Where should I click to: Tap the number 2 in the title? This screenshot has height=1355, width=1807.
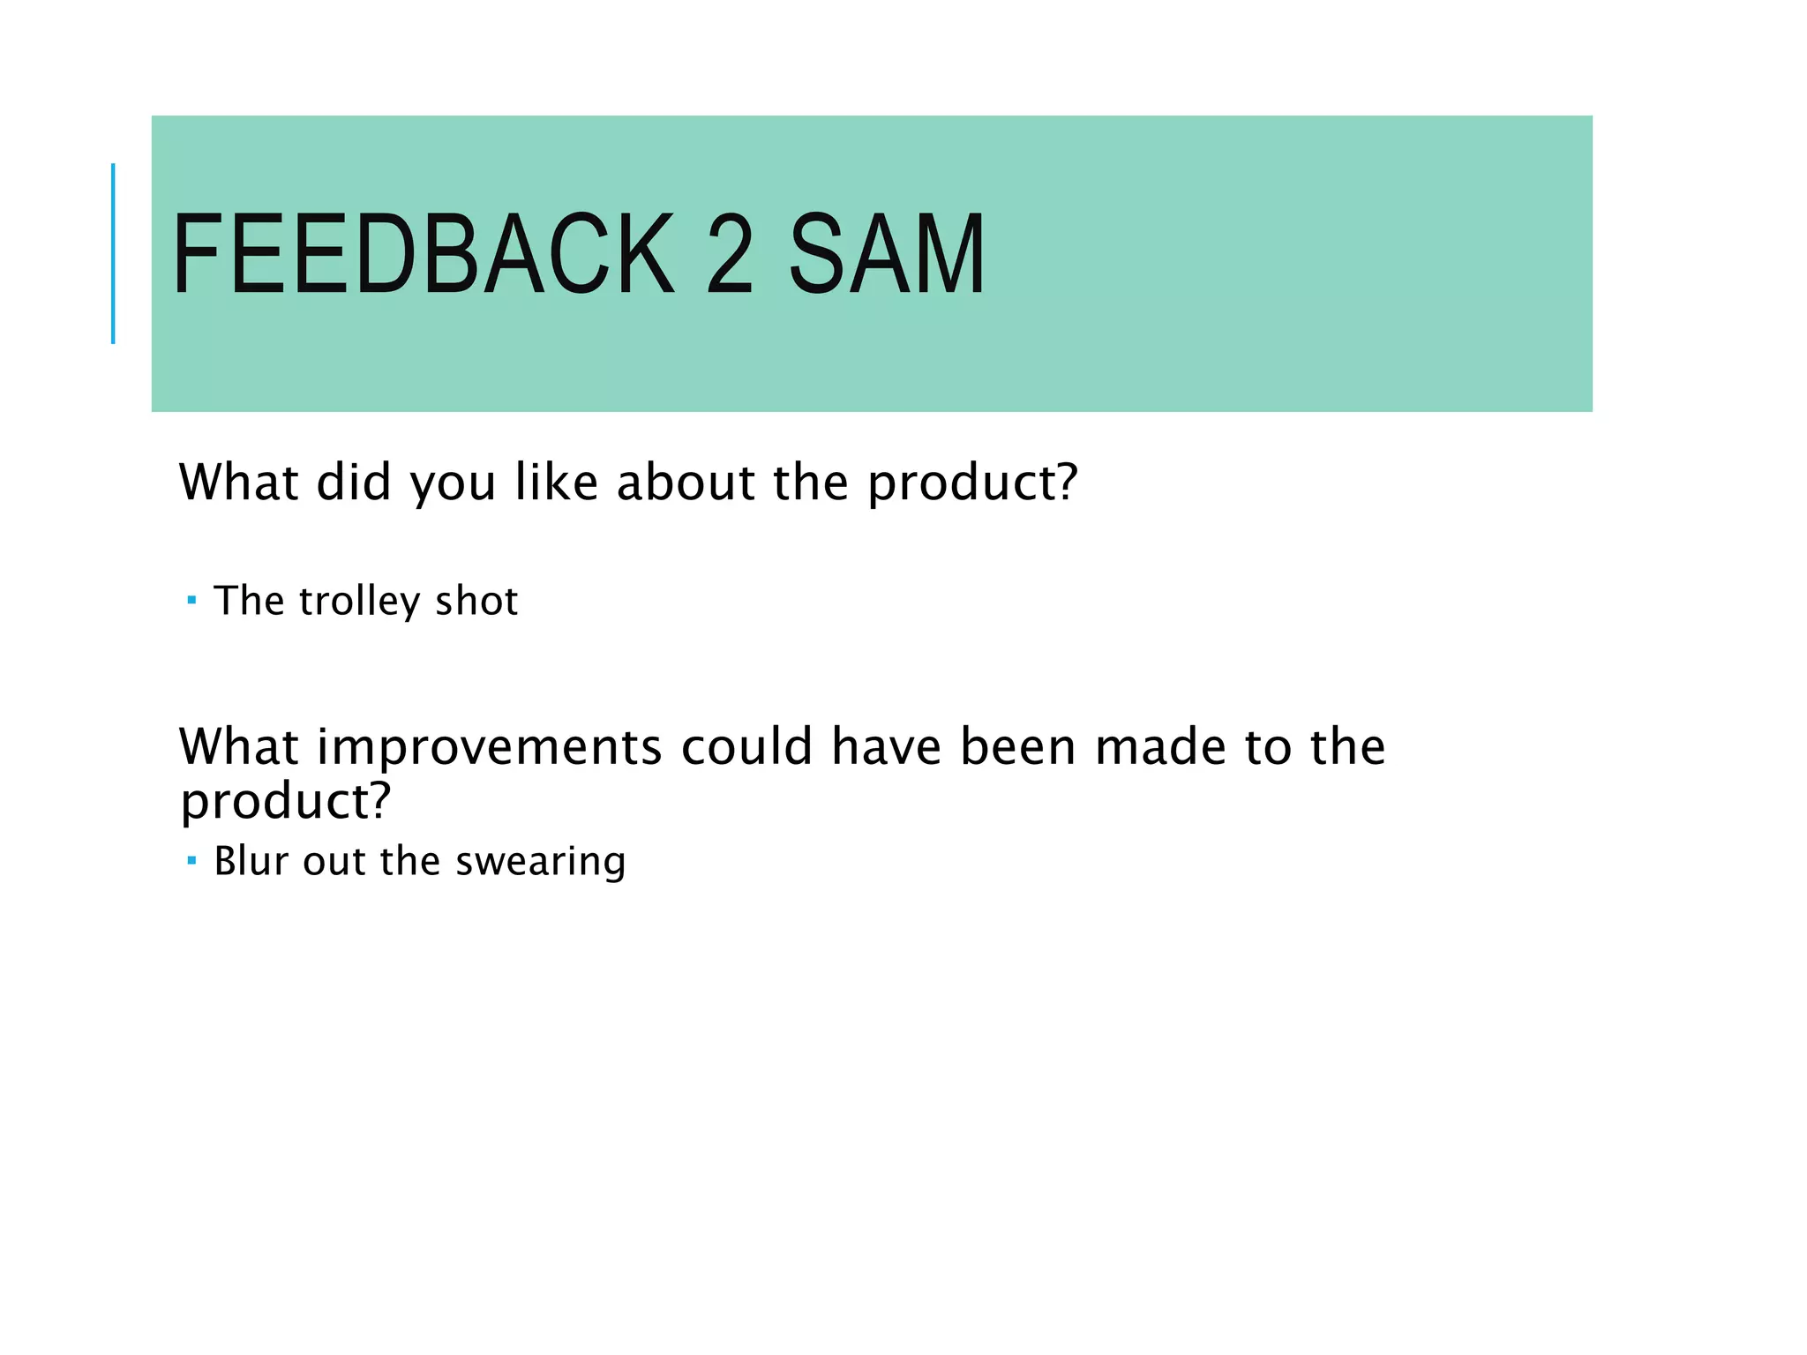pyautogui.click(x=730, y=254)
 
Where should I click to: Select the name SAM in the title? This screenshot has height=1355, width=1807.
pyautogui.click(x=886, y=254)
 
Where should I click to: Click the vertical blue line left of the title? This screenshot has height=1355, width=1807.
pyautogui.click(x=113, y=254)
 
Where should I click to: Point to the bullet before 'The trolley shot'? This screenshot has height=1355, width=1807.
pyautogui.click(x=191, y=602)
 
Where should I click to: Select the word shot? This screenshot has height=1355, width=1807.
pyautogui.click(x=476, y=602)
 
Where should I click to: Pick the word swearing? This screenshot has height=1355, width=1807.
pyautogui.click(x=540, y=861)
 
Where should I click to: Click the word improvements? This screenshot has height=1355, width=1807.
pyautogui.click(x=489, y=747)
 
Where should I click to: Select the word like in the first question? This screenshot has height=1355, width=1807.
pyautogui.click(x=556, y=483)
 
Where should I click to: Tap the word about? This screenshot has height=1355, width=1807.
pyautogui.click(x=686, y=483)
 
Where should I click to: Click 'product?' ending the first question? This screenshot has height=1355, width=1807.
pyautogui.click(x=972, y=484)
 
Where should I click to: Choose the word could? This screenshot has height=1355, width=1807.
pyautogui.click(x=746, y=747)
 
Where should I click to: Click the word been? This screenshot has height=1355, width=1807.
pyautogui.click(x=1017, y=747)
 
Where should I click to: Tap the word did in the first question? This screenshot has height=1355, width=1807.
pyautogui.click(x=353, y=483)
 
